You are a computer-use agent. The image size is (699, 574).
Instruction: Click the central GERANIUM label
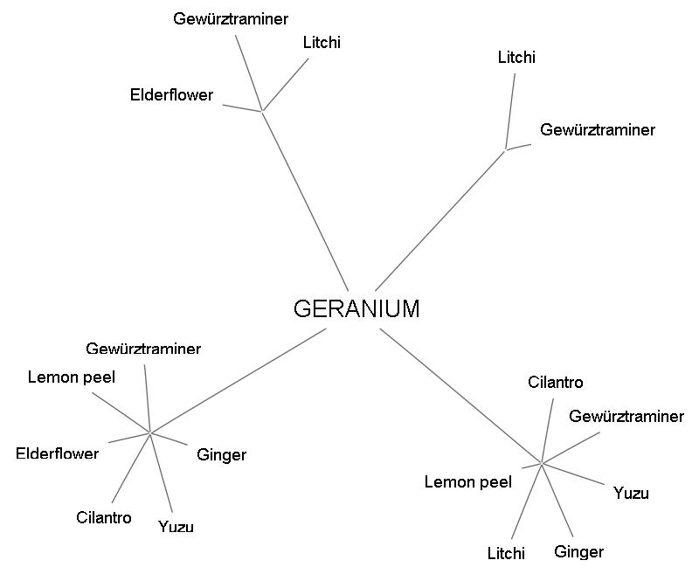tap(356, 309)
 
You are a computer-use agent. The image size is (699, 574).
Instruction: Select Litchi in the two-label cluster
tap(516, 58)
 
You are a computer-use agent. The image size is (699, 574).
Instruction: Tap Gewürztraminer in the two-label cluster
tap(598, 130)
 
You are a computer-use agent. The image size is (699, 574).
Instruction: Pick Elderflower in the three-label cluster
tap(171, 95)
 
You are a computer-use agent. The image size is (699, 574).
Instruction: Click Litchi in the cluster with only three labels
tap(322, 42)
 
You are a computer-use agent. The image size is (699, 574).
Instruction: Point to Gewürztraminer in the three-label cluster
tap(231, 18)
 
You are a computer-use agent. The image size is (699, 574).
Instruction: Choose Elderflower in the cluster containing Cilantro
tap(58, 453)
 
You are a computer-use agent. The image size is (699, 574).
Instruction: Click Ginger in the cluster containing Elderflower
tap(221, 455)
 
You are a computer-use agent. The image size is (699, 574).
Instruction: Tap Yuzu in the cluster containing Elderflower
tap(176, 527)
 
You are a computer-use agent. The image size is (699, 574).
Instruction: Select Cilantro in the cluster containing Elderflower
tap(104, 518)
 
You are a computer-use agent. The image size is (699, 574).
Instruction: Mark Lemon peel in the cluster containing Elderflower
tap(72, 377)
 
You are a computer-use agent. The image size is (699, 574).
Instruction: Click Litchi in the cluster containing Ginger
tap(506, 553)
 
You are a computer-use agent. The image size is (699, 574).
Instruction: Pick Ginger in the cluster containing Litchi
tap(578, 552)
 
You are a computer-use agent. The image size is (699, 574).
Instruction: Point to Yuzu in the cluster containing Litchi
tap(631, 494)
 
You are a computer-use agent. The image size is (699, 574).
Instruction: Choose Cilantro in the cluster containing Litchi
tap(556, 383)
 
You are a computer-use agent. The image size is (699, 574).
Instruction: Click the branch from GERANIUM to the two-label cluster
tap(439, 220)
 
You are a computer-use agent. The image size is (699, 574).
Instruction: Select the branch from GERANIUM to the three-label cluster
tap(305, 201)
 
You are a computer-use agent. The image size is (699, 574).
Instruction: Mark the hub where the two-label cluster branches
tap(506, 149)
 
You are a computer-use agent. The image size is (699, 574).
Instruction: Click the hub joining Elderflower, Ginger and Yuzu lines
tap(151, 432)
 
